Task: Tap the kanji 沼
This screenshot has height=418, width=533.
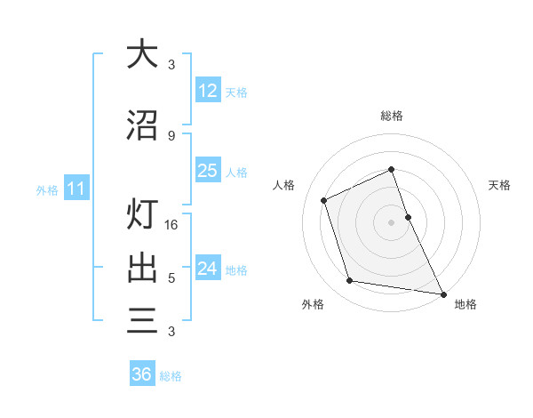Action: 142,125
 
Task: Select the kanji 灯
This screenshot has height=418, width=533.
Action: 142,216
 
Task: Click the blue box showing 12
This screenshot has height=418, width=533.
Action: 207,91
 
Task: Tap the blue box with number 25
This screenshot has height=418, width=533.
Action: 207,171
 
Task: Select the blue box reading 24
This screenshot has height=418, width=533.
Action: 207,269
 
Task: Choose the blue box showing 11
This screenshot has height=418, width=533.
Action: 76,189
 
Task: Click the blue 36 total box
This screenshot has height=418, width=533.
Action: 141,374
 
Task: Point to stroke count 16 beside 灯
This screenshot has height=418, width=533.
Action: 172,225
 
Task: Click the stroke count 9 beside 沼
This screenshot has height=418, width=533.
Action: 171,135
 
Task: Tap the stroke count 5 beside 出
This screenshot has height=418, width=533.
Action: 171,278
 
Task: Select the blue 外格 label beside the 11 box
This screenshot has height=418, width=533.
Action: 47,189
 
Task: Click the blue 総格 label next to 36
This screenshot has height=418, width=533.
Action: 171,376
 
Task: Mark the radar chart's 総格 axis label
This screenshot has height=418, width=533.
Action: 391,116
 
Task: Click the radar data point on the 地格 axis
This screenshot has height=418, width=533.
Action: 442,293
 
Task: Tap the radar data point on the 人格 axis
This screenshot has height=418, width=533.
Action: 324,200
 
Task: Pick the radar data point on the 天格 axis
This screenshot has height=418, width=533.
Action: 408,216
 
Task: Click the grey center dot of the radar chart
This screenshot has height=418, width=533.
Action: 391,221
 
